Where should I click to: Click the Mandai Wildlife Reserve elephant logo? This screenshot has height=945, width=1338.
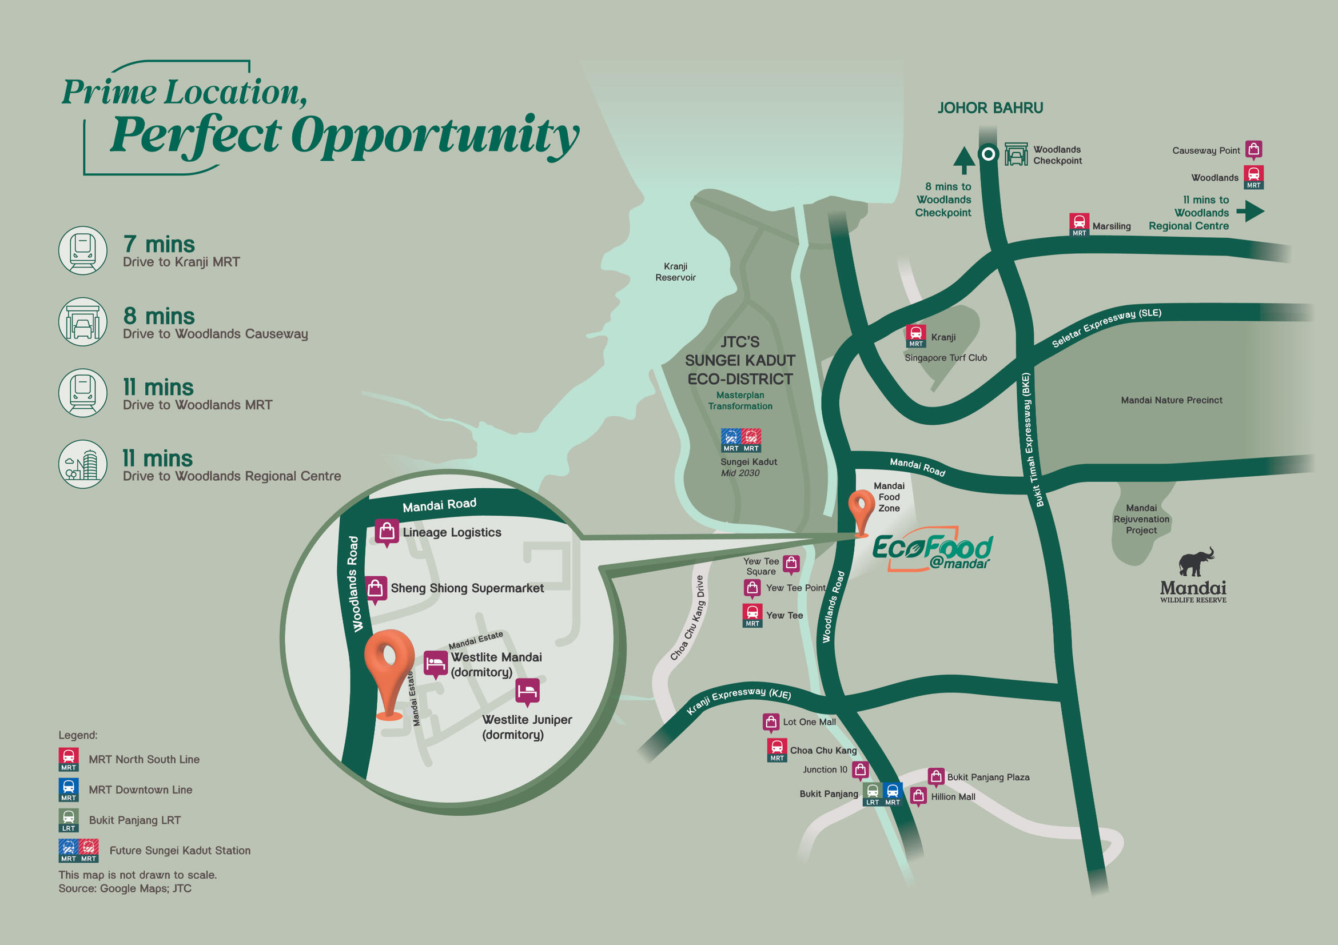point(1196,561)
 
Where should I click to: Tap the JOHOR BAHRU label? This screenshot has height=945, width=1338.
point(990,108)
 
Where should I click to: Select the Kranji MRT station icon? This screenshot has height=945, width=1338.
point(915,335)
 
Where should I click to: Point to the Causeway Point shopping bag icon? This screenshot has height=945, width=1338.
point(1253,149)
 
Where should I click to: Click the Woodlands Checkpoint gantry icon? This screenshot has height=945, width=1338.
point(1016,154)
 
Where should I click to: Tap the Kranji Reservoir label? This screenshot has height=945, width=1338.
point(675,272)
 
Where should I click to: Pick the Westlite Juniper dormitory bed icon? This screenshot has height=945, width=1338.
point(527,692)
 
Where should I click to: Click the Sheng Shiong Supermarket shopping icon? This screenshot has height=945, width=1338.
point(376,588)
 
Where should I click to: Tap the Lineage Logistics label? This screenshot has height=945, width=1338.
point(452,532)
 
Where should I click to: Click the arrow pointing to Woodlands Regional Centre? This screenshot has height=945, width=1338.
point(1250,210)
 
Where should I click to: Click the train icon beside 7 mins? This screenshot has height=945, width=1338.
point(83,250)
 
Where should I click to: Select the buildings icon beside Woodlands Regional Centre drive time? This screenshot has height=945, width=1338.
point(83,464)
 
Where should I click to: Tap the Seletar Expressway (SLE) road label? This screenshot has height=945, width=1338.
point(1105,328)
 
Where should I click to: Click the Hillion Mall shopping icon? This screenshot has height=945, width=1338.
point(918,796)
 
